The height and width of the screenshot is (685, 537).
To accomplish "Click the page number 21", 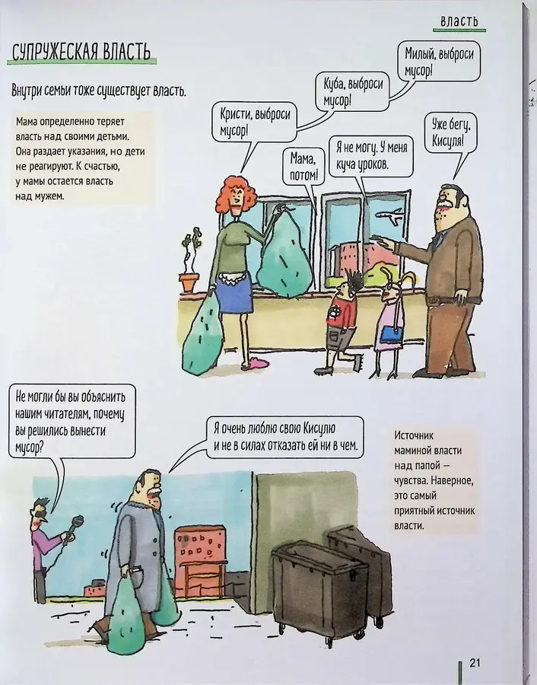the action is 475,662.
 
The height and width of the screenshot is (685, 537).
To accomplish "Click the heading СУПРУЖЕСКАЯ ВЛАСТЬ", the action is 81,52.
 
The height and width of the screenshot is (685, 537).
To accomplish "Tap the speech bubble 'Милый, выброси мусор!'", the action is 439,62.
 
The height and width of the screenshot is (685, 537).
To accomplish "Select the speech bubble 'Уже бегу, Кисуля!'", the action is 448,133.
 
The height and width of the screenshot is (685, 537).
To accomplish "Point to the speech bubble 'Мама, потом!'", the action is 302,167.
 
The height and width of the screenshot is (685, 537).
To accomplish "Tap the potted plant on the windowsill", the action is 190,260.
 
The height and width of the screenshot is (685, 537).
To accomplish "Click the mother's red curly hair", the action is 236,194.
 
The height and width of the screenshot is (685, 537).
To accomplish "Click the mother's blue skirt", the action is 235,295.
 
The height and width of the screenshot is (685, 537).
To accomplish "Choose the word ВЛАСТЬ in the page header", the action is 459,21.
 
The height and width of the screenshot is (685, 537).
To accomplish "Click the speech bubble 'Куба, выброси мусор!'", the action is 352,91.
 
